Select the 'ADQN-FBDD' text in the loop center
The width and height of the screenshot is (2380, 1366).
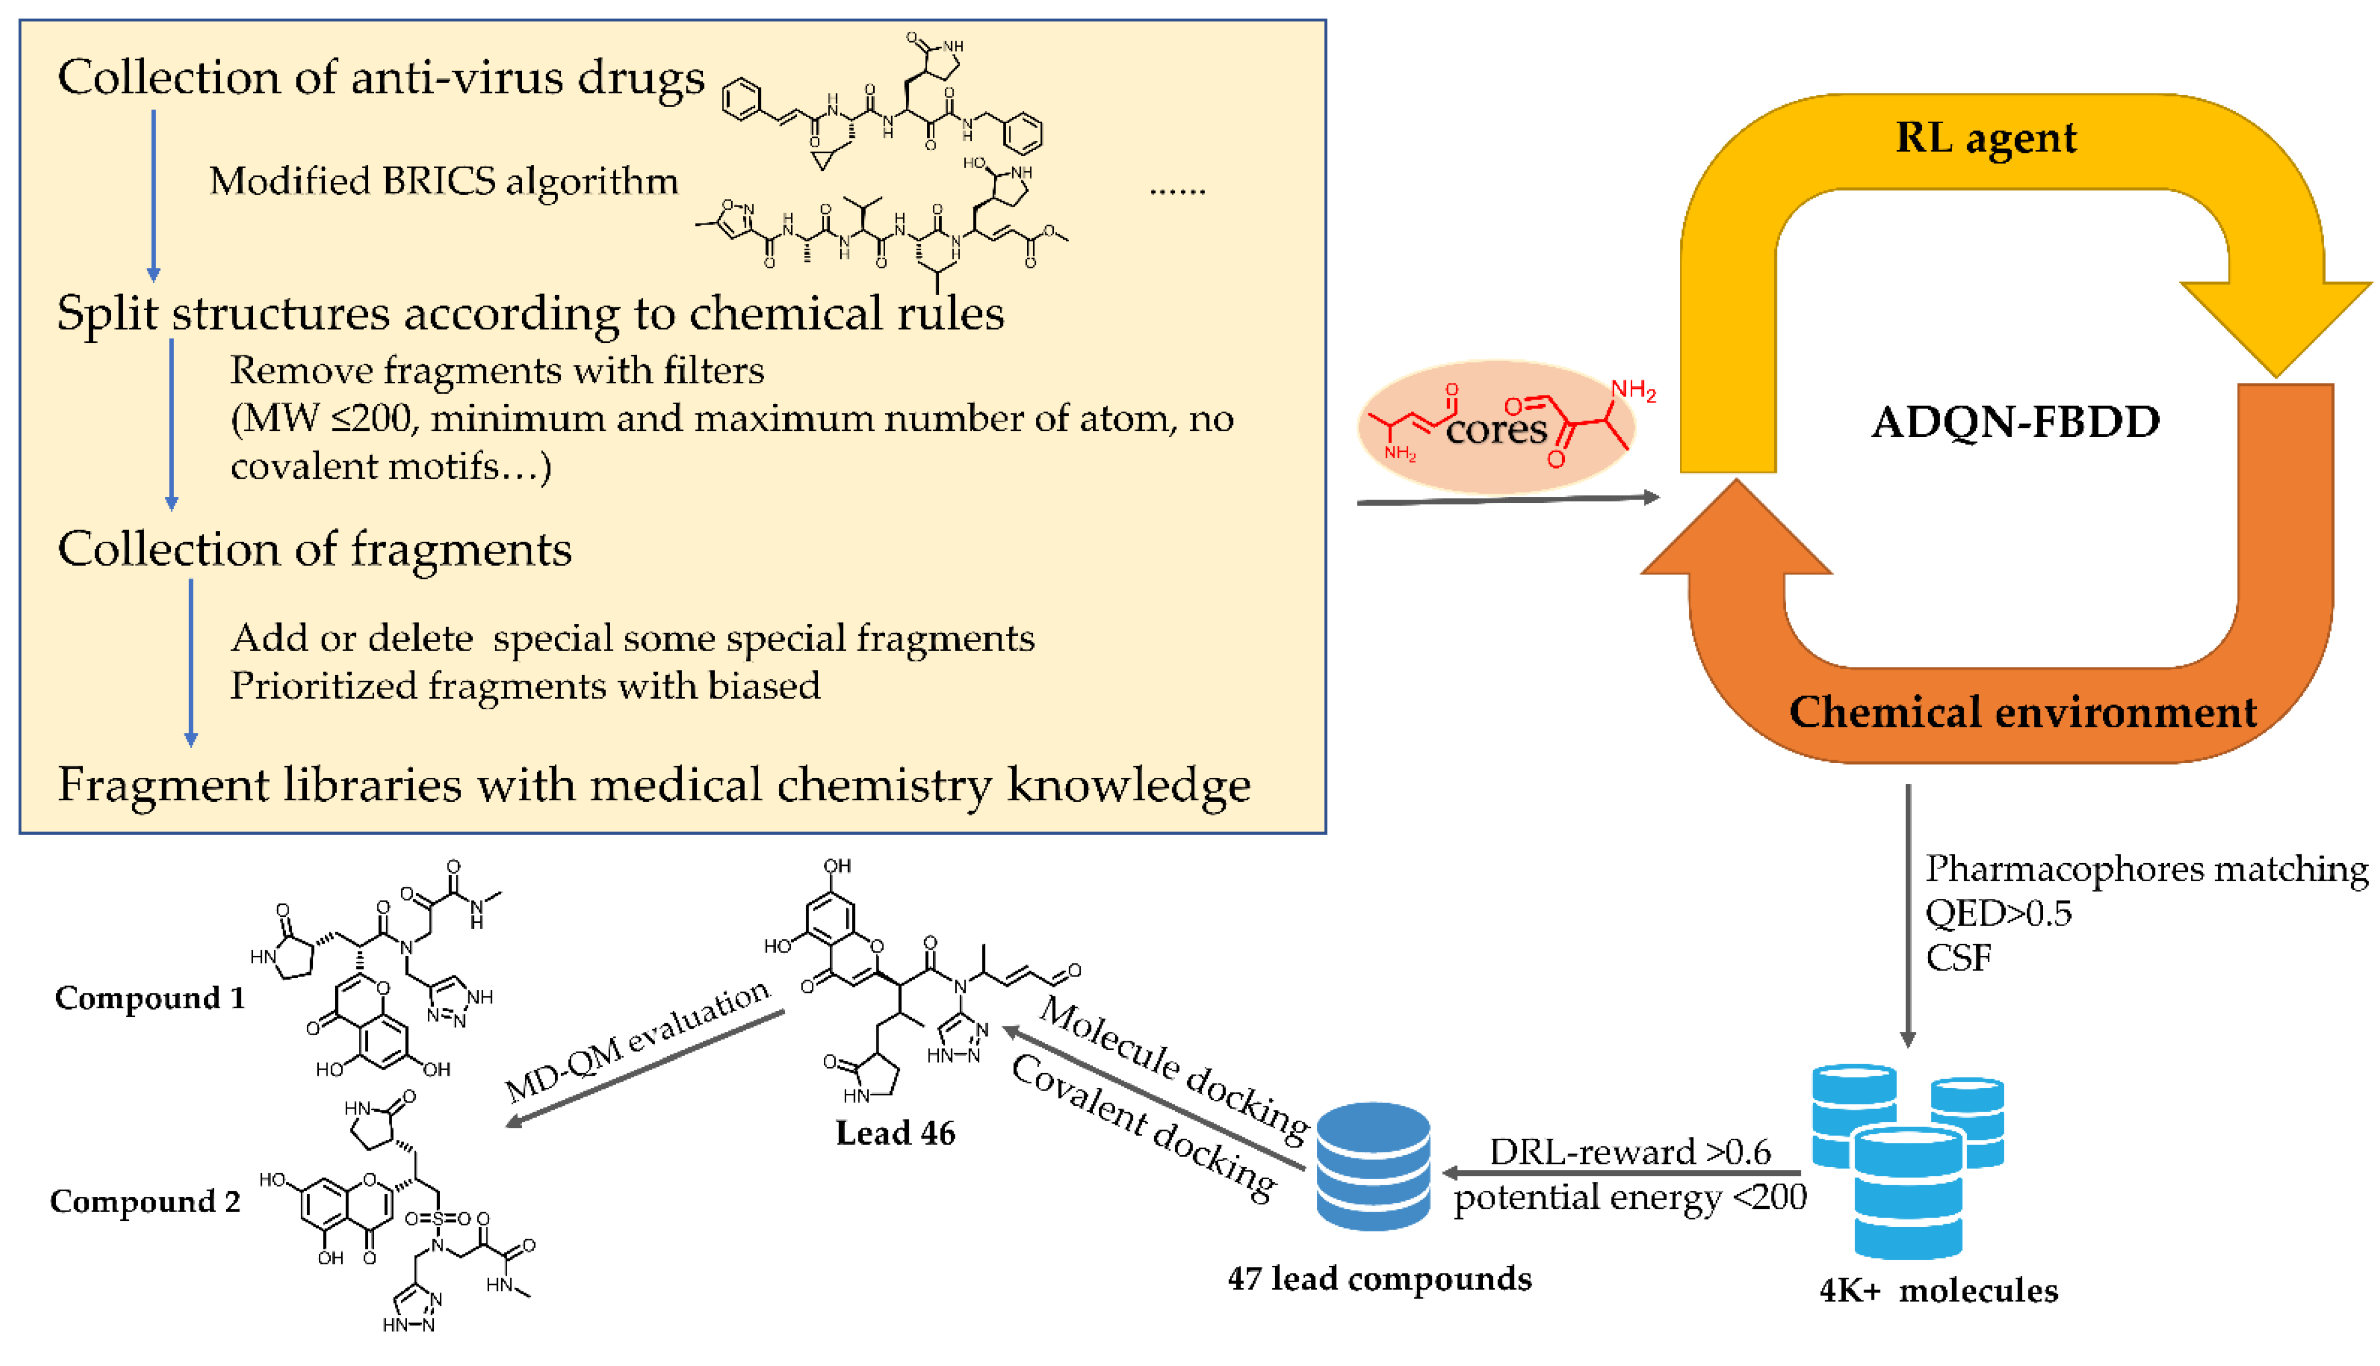pos(2014,422)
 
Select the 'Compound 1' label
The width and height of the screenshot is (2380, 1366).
pos(150,997)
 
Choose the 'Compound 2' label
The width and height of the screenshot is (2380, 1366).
pos(145,1201)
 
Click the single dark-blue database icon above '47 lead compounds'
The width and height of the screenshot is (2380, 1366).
pos(1373,1166)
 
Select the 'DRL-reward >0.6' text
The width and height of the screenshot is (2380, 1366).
pos(1630,1151)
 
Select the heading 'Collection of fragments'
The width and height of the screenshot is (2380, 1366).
pos(314,549)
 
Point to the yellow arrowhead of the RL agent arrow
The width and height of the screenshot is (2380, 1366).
pos(2275,324)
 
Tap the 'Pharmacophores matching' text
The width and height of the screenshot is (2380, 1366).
pos(2147,869)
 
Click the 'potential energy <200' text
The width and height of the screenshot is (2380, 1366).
pos(1630,1197)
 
